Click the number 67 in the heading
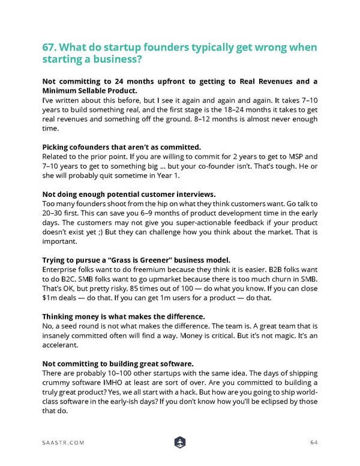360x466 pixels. tap(49, 49)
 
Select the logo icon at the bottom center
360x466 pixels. tap(180, 442)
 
